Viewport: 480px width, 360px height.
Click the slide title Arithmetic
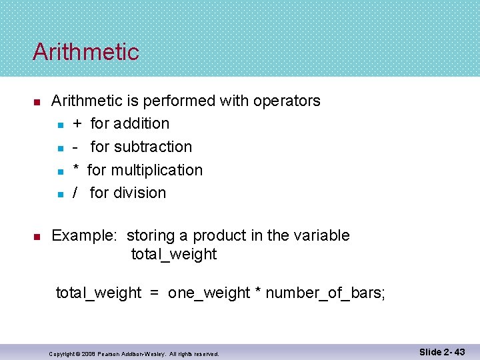85,52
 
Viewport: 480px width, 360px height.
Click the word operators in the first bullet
287,101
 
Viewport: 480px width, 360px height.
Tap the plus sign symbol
77,124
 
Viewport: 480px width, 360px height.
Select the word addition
141,124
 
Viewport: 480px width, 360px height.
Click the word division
140,193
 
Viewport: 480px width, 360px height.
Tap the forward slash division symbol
76,193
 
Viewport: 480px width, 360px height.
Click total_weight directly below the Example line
174,254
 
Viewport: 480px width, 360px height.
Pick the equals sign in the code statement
154,293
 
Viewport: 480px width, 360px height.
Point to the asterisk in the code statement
257,291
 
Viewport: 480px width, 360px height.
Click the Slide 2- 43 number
442,351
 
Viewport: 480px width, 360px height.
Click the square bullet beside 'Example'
37,237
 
